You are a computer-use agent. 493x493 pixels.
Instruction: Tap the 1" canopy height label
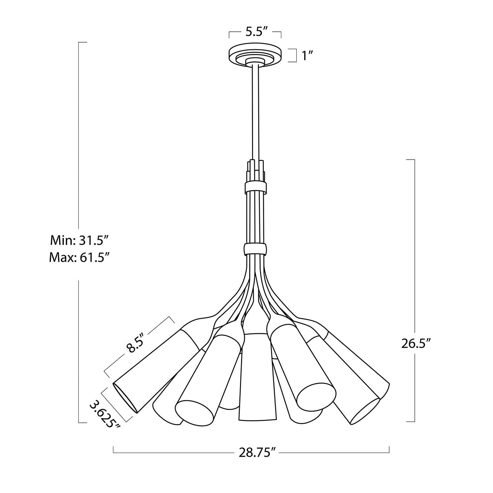click(307, 56)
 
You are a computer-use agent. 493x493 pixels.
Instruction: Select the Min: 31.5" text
click(79, 240)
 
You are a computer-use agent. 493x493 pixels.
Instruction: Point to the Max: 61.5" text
click(79, 258)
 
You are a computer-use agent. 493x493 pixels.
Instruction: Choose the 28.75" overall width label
click(257, 453)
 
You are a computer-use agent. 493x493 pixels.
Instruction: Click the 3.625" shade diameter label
click(105, 412)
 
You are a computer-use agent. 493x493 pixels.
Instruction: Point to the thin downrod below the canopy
click(255, 112)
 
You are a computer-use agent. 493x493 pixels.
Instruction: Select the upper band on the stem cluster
click(255, 188)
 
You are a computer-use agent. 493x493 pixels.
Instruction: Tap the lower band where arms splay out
click(255, 249)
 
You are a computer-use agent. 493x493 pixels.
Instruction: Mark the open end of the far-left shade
click(125, 398)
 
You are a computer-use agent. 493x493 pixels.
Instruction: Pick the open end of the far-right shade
click(365, 411)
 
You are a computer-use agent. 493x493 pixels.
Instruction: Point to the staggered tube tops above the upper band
click(255, 169)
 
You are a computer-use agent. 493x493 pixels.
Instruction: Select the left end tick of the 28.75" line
click(114, 450)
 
